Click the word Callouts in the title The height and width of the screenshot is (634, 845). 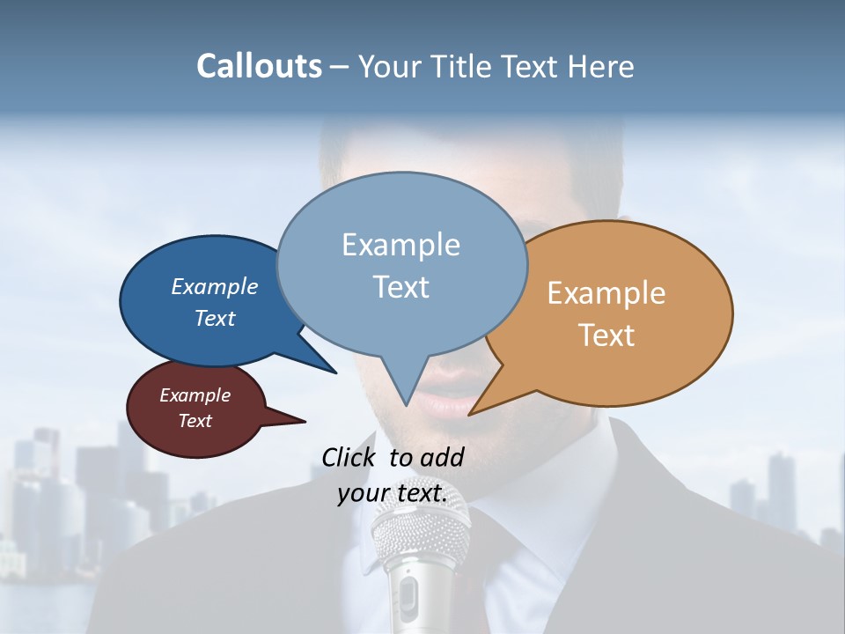coord(259,67)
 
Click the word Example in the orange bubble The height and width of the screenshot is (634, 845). coord(606,293)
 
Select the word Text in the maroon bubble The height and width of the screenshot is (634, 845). coord(195,421)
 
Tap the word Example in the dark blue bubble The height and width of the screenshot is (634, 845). coord(215,287)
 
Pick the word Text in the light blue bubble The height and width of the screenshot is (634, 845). coord(401,287)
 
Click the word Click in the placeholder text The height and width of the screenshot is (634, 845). coord(349,457)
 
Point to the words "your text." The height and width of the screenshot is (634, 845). coord(392,494)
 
